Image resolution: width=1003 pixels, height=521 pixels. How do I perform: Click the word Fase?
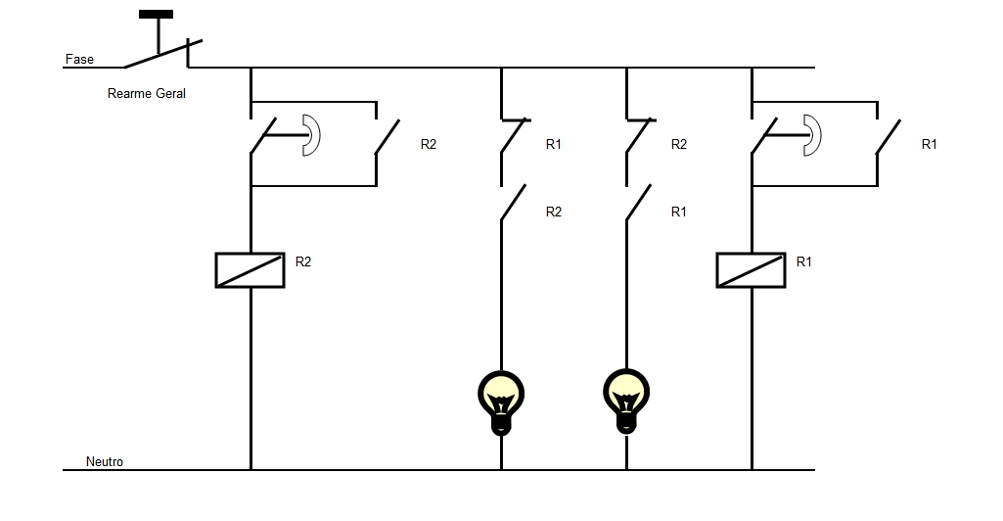click(x=79, y=60)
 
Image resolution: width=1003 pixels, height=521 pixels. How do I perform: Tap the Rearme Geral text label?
click(x=146, y=94)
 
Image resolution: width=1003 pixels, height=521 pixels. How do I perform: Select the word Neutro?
click(x=105, y=462)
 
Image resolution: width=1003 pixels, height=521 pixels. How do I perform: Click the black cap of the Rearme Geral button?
click(x=157, y=15)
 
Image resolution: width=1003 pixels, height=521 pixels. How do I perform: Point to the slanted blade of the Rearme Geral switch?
click(x=162, y=54)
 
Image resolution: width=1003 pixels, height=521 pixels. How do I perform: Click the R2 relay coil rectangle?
click(x=250, y=270)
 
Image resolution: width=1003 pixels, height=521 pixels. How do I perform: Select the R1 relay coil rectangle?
click(x=751, y=270)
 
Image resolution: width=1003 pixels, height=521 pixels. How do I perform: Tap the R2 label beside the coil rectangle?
click(x=303, y=261)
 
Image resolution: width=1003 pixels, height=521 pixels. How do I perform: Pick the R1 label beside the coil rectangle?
click(x=804, y=261)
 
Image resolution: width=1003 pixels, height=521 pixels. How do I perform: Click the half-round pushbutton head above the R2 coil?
click(x=310, y=135)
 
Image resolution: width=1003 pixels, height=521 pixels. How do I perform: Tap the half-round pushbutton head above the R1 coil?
click(x=811, y=135)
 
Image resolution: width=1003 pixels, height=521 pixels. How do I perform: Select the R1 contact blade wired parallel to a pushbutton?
click(x=889, y=138)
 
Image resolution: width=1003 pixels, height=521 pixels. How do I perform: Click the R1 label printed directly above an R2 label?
click(x=554, y=144)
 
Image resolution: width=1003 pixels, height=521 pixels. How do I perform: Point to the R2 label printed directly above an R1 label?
click(x=679, y=144)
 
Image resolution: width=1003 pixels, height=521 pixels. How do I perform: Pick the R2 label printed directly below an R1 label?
click(x=554, y=212)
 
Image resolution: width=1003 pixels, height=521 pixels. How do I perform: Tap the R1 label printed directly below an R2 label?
click(x=679, y=212)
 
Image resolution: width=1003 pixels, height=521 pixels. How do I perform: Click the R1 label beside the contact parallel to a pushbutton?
click(x=930, y=144)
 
